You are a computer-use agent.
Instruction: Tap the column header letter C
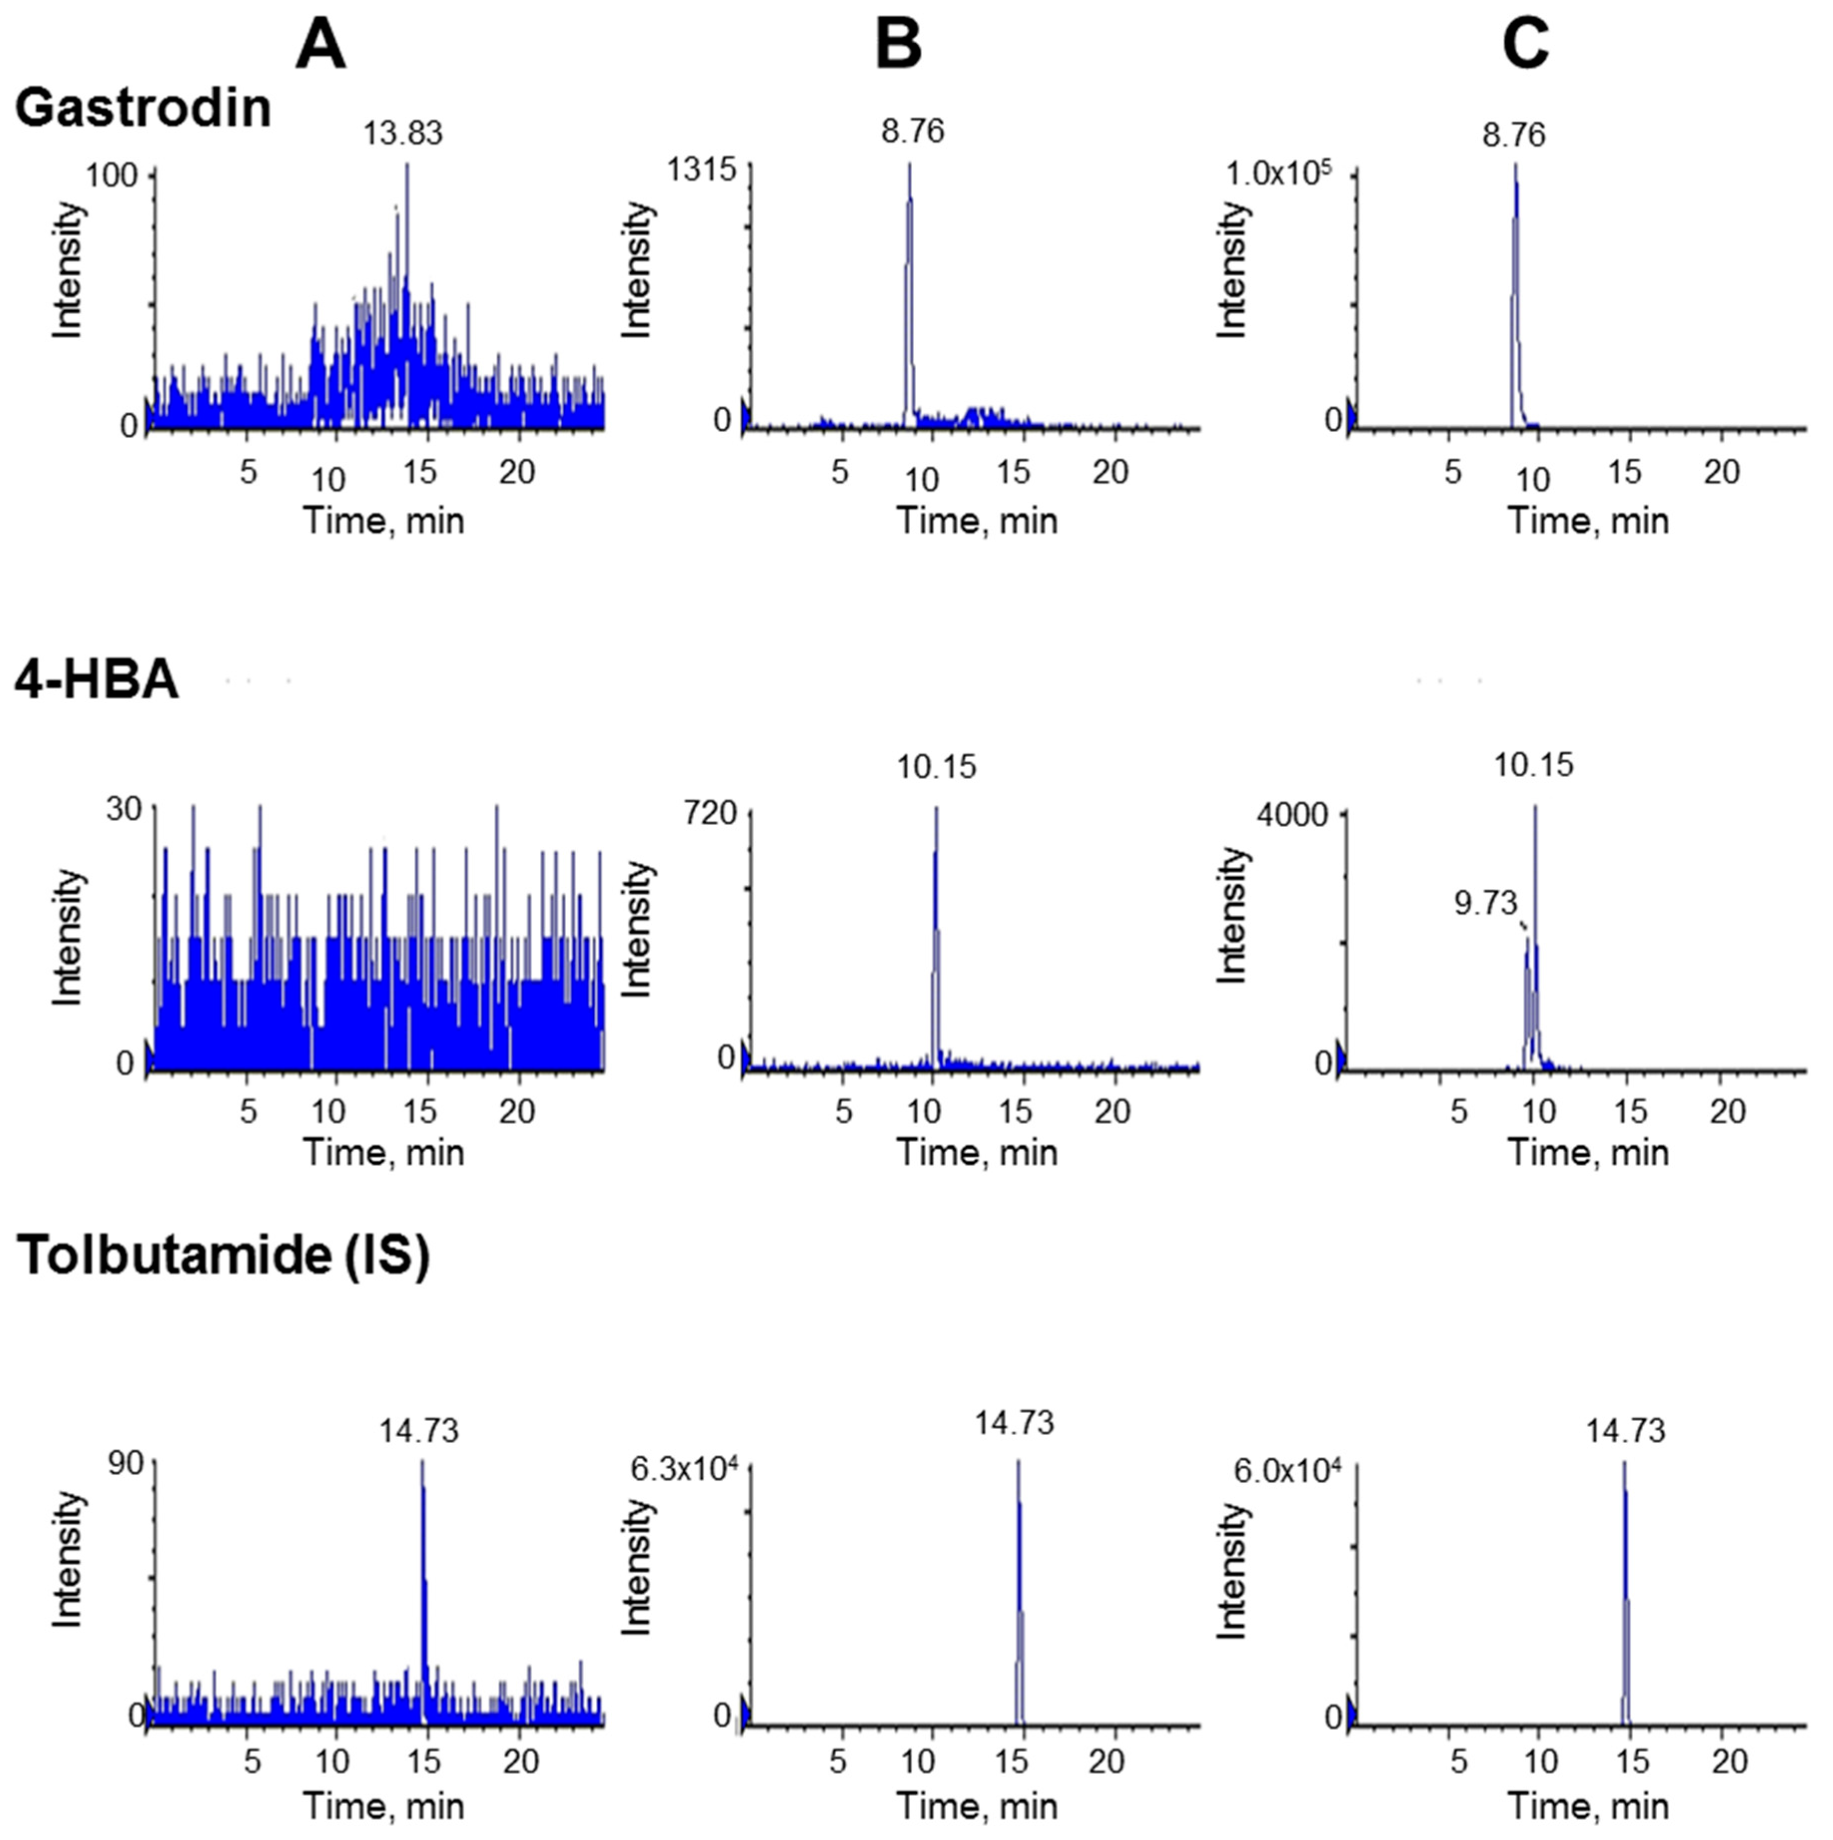(1525, 46)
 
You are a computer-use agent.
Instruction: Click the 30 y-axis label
(124, 810)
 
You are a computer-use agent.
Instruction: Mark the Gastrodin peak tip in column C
(1514, 165)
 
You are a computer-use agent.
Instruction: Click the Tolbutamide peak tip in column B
(1018, 1462)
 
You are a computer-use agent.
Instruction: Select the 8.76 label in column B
(912, 131)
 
